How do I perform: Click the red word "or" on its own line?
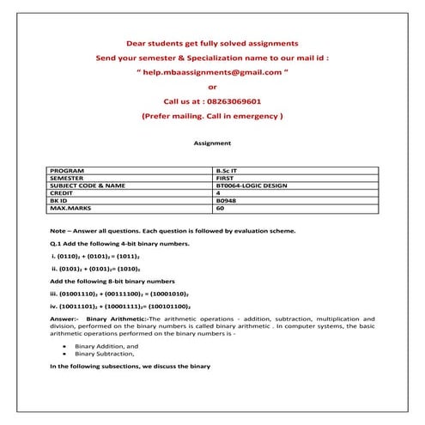212,86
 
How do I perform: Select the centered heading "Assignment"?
212,143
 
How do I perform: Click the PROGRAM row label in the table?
68,171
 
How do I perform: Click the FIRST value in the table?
227,178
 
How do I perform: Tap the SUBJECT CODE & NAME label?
88,185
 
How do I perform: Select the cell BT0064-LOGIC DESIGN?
253,185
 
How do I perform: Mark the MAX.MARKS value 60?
221,208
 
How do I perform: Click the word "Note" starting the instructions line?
58,231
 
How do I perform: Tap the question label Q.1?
57,244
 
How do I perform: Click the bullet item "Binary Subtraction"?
105,353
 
